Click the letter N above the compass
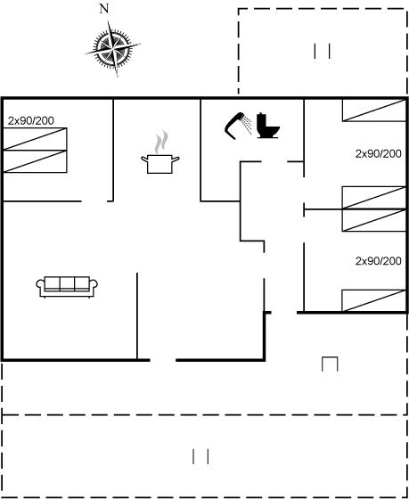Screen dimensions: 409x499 (104, 9)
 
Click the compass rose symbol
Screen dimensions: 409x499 (113, 49)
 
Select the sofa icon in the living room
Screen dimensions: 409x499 (67, 287)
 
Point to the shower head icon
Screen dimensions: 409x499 (238, 126)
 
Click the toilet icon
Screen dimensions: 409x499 (268, 126)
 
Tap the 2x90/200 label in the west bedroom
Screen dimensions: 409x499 (31, 120)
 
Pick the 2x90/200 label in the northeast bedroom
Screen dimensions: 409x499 (378, 154)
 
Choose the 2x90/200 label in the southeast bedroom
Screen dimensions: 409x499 (378, 261)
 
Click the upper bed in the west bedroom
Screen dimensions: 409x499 (35, 139)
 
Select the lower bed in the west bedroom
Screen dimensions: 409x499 (35, 161)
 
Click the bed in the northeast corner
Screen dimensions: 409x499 (374, 110)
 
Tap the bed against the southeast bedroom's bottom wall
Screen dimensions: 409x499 (374, 301)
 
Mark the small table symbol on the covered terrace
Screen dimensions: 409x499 (330, 364)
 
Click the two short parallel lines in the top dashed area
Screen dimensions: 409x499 (322, 52)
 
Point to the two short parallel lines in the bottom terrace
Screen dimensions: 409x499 (200, 456)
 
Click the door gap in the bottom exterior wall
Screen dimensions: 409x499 (163, 360)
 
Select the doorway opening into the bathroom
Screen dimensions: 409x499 (274, 161)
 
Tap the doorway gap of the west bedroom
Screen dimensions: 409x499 (94, 201)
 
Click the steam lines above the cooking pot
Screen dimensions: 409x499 (161, 143)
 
